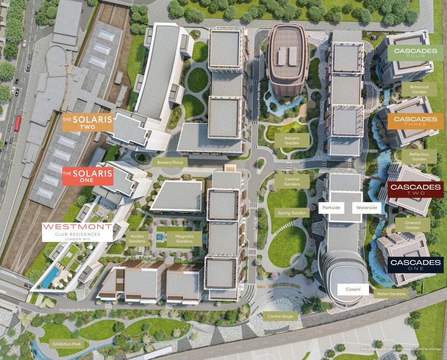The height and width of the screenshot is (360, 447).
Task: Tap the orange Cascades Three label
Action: [x=415, y=121]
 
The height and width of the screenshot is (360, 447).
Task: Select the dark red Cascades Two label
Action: [x=415, y=189]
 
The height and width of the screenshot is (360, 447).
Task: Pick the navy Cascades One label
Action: [x=415, y=265]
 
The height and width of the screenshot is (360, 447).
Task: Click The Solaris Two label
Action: [x=87, y=122]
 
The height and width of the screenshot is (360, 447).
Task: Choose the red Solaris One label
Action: [x=87, y=176]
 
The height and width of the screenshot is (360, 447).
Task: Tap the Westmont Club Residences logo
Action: [x=77, y=232]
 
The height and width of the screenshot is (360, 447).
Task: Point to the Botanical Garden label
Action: [x=419, y=90]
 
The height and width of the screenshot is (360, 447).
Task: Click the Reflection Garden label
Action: [x=419, y=157]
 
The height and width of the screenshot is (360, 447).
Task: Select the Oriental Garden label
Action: [x=413, y=225]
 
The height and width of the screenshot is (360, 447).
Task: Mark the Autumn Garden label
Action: [x=292, y=140]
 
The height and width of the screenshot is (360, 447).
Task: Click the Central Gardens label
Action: [x=292, y=182]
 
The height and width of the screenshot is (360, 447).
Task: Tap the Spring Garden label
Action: [x=293, y=213]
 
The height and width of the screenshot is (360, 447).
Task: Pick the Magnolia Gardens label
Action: [x=184, y=239]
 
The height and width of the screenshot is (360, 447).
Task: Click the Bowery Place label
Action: [x=170, y=162]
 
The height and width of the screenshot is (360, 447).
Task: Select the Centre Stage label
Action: [x=280, y=316]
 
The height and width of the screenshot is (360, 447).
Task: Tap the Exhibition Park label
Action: [x=67, y=344]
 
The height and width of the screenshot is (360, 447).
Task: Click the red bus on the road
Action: [x=18, y=123]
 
